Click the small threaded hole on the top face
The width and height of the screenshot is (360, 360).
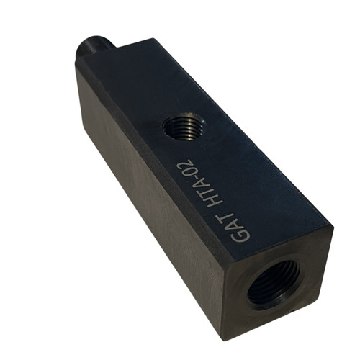(x=183, y=126)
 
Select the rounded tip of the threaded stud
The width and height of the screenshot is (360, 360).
(x=81, y=52)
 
